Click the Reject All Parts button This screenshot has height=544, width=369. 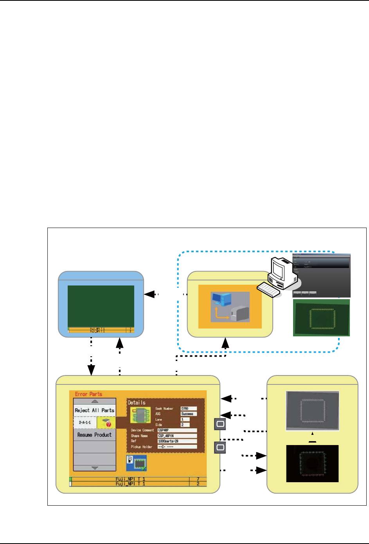coord(95,410)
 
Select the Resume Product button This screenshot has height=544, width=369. coord(95,435)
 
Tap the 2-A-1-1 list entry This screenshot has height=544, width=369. coord(85,423)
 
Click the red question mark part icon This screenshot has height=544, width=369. coord(106,422)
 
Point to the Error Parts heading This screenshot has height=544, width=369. coord(88,394)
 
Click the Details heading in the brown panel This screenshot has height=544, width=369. coord(137,402)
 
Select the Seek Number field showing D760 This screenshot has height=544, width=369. coord(189,409)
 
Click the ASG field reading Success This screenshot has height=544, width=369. coord(189,414)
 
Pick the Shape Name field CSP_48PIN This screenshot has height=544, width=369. coord(177,436)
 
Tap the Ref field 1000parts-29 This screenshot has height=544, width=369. coord(177,441)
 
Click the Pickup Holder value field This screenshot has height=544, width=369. coord(177,447)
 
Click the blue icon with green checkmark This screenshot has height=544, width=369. coord(137,463)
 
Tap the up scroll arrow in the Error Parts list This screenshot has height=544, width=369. coord(95,401)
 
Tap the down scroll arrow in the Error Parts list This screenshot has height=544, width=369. coord(95,468)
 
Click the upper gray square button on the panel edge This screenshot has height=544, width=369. coord(220,424)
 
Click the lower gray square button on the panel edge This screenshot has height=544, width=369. coord(220,447)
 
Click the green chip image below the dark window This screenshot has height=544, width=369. coord(321,318)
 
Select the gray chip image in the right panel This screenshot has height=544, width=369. coord(312,411)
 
